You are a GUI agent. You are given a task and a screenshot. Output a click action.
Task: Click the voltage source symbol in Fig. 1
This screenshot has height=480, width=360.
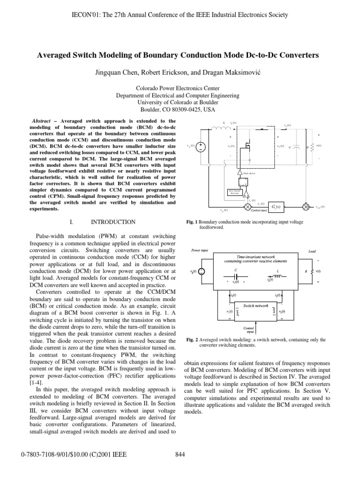coord(201,146)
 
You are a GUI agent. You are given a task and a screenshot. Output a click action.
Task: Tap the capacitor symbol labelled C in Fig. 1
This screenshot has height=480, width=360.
coord(299,146)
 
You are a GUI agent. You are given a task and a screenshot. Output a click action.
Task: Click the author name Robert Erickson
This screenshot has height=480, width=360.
coord(163,73)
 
